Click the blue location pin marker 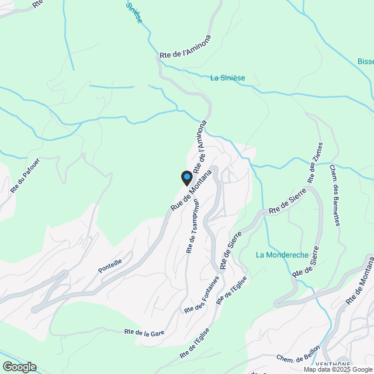(187, 177)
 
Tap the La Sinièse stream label (228, 78)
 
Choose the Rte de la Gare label (144, 333)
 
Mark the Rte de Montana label (358, 282)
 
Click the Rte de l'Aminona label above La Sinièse (185, 46)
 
